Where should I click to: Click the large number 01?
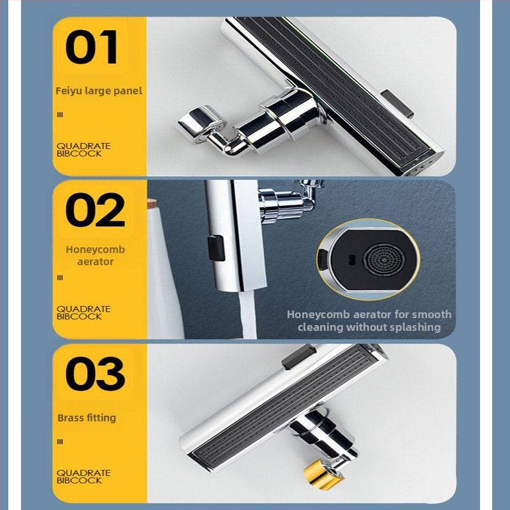[91, 47]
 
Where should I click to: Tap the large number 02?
[95, 210]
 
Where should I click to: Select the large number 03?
[95, 374]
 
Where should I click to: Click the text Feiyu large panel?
[99, 91]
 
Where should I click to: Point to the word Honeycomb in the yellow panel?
[95, 249]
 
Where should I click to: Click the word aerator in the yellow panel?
[95, 262]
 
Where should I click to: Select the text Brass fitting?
[87, 418]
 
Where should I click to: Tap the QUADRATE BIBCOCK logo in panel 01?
[84, 150]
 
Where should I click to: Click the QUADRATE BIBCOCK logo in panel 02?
[84, 312]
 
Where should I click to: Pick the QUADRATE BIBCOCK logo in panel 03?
[84, 476]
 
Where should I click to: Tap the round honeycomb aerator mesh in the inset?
[384, 259]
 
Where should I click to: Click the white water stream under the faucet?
[248, 315]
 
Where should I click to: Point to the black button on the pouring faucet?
[216, 248]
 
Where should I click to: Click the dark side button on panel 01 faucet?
[397, 104]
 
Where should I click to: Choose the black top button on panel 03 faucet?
[298, 357]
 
